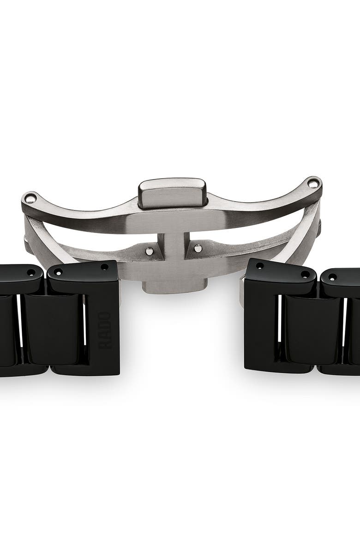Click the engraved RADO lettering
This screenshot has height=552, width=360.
coord(105,330)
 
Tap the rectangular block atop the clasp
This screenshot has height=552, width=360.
coord(172,193)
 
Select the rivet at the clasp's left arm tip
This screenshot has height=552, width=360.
coord(30,199)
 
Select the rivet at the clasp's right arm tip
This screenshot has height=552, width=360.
coord(313,184)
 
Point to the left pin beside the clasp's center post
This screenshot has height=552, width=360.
coord(150,251)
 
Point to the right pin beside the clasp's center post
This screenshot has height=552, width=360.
coord(198,248)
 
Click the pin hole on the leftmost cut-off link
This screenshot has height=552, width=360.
coord(31,273)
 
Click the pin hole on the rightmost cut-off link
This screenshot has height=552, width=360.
coord(332,277)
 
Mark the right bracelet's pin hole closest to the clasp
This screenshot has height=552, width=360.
coord(260,266)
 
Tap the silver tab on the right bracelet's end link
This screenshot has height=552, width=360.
coord(242,284)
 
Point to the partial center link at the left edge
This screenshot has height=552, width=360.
coord(6,330)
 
